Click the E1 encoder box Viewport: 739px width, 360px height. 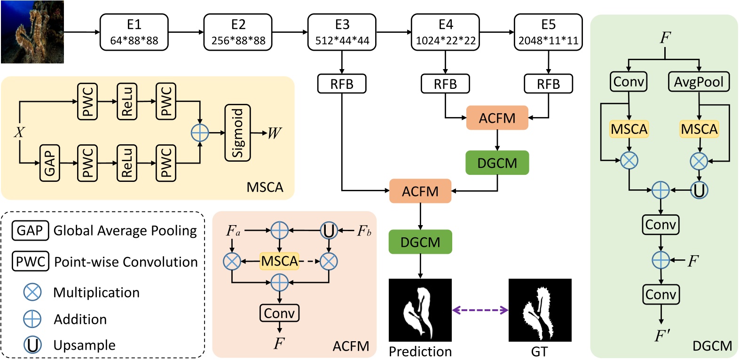pyautogui.click(x=134, y=32)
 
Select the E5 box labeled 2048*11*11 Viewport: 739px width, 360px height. pyautogui.click(x=548, y=32)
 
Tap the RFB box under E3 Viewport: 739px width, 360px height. pyautogui.click(x=342, y=84)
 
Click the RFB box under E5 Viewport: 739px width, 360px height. pyautogui.click(x=548, y=84)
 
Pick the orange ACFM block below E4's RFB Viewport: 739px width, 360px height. pyautogui.click(x=497, y=118)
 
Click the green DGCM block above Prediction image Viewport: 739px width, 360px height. pyautogui.click(x=420, y=242)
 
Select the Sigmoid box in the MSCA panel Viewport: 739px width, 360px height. pyautogui.click(x=238, y=133)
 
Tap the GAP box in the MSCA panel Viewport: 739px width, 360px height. pyautogui.click(x=49, y=163)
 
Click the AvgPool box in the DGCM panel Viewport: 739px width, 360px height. pyautogui.click(x=699, y=82)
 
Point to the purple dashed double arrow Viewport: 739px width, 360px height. pyautogui.click(x=480, y=310)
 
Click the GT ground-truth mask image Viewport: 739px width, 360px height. pyautogui.click(x=540, y=310)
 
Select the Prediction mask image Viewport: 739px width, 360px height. pyautogui.click(x=420, y=310)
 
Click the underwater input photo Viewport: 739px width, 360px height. pyautogui.click(x=32, y=32)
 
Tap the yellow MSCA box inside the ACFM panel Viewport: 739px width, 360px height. pyautogui.click(x=279, y=261)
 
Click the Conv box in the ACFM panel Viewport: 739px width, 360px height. pyautogui.click(x=279, y=313)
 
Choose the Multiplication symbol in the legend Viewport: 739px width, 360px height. pyautogui.click(x=32, y=292)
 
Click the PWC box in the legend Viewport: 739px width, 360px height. pyautogui.click(x=31, y=261)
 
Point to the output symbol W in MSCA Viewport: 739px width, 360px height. pyautogui.click(x=274, y=133)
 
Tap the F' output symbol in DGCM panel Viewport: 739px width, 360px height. pyautogui.click(x=662, y=336)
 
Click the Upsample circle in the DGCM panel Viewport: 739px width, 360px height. pyautogui.click(x=699, y=190)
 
